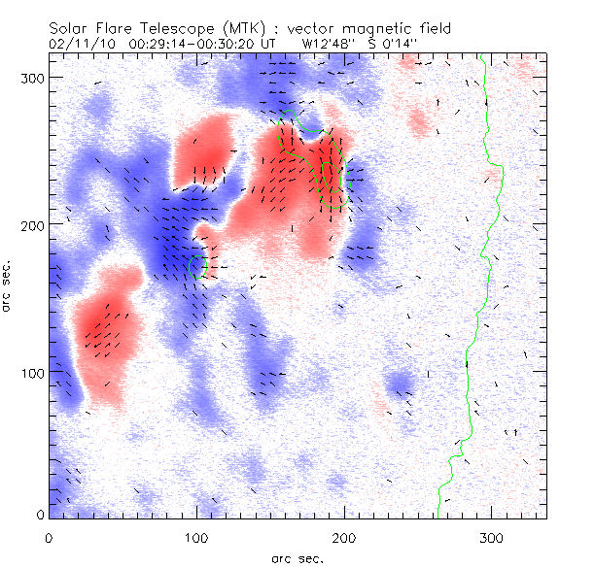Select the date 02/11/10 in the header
point(80,44)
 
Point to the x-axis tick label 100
point(196,536)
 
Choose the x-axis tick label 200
point(344,536)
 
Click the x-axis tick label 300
point(492,536)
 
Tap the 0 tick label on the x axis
point(49,536)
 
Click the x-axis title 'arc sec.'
point(297,557)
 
